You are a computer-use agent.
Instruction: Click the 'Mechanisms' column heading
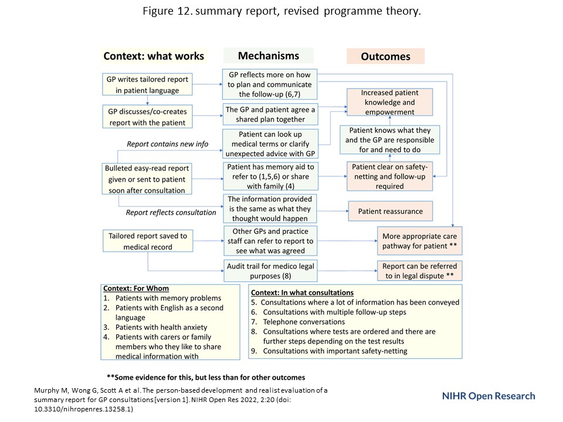269,56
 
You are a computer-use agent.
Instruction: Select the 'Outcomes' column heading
385,57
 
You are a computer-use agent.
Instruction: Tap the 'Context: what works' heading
154,56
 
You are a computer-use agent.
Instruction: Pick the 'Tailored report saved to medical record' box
147,241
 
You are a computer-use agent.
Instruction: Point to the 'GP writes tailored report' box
147,84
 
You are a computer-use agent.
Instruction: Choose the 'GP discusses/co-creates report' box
147,115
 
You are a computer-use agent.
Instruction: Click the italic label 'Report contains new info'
168,144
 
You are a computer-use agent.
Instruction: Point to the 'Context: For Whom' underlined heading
136,288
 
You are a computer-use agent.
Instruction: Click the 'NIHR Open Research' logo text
488,396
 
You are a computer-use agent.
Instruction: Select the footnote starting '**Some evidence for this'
205,377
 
